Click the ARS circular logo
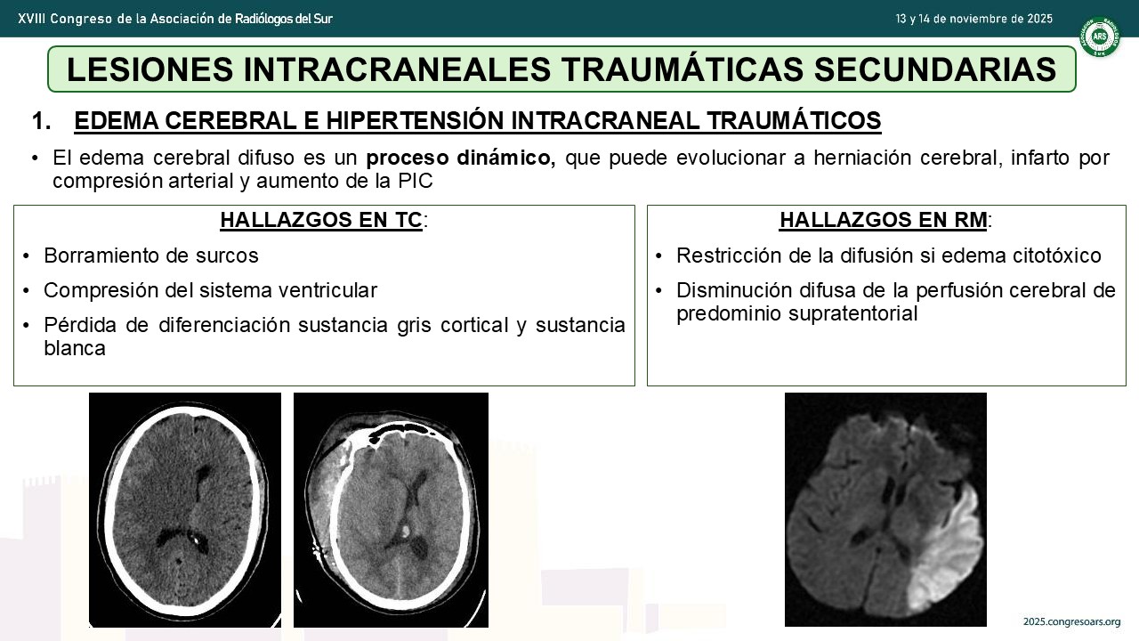point(1100,37)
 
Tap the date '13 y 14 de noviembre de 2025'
point(973,19)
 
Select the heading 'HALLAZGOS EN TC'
point(321,220)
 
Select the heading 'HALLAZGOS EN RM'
point(884,220)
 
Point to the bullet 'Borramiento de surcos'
point(151,256)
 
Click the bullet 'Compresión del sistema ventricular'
point(211,290)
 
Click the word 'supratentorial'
point(853,313)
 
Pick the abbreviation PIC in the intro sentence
point(415,181)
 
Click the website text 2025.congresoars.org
point(1072,621)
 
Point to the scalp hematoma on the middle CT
point(324,483)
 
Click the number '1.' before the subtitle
point(41,121)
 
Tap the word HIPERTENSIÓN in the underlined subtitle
point(415,121)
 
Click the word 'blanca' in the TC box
point(75,348)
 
